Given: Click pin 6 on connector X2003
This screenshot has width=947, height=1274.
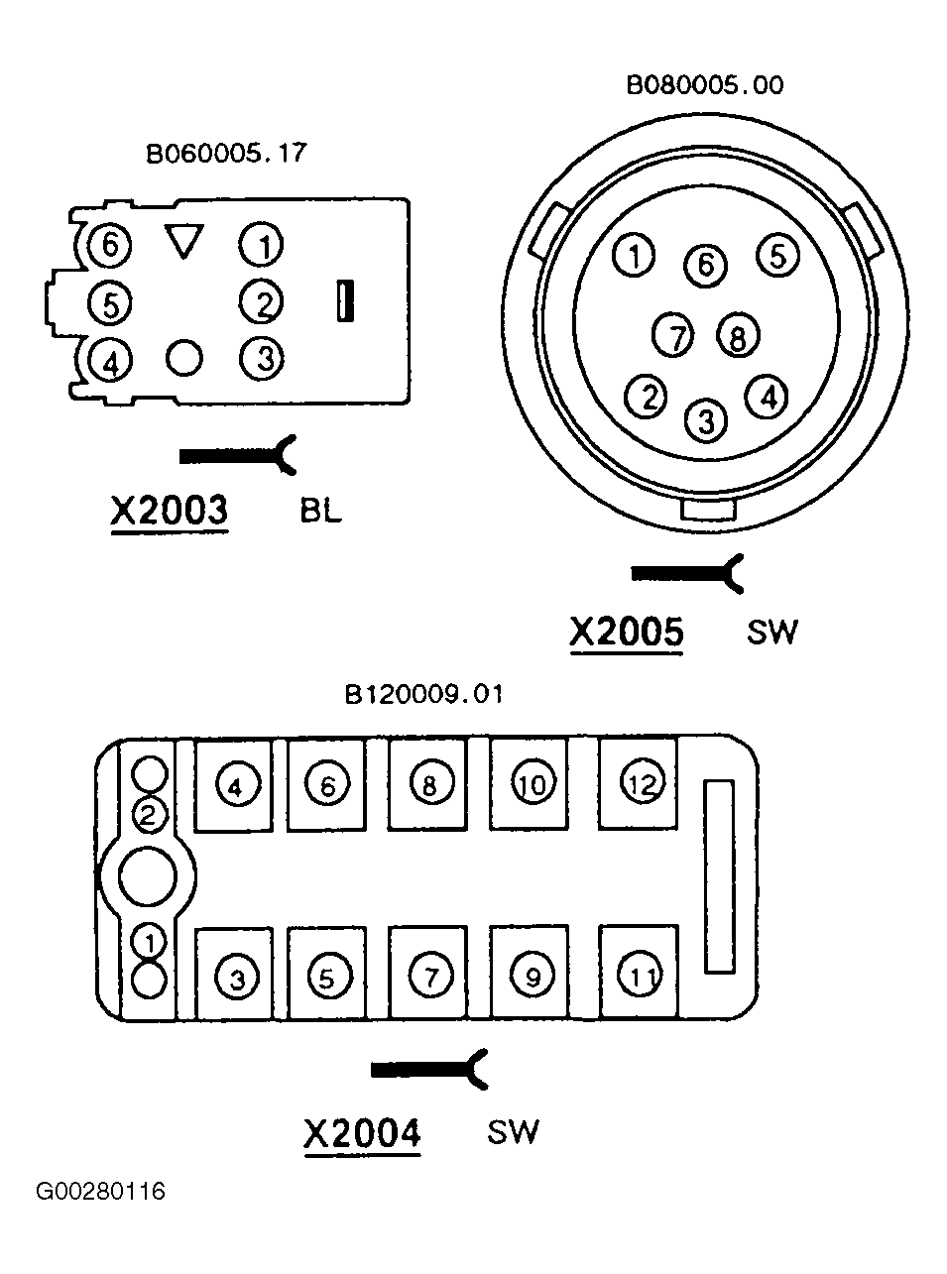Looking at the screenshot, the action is pos(109,245).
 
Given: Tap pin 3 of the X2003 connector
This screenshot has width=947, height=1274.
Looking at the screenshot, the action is pos(262,358).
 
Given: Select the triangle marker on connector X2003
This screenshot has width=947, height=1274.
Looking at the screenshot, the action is pos(184,241).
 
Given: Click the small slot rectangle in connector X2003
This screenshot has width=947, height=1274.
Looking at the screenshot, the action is pos(345,300).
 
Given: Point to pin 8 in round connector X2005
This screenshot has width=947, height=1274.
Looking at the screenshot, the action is pos(738,335).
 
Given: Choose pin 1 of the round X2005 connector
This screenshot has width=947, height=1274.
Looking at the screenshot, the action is pos(634,256).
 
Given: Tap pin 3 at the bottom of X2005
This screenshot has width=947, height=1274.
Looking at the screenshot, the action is pos(706,421).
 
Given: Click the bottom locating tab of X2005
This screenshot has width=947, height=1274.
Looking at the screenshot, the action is pos(707,510).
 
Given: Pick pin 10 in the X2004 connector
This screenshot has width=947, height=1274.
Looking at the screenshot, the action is pos(533,783).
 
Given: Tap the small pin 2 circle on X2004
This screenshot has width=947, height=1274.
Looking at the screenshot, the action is pos(150,815).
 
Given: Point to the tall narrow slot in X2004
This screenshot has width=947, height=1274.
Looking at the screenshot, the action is pos(720,877).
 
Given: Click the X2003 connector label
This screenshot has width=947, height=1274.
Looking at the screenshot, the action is pos(169,510).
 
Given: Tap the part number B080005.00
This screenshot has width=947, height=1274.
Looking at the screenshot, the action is pos(704,85).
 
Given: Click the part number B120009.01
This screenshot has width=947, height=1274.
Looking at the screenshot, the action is pos(423,694).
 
